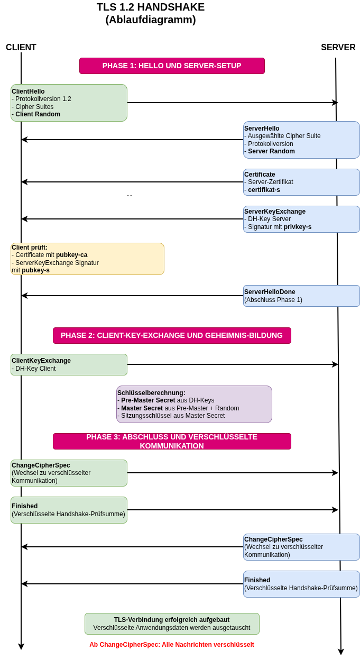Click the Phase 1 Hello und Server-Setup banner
[x=172, y=66]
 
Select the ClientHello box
[x=69, y=103]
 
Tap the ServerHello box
[x=301, y=140]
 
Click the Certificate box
[x=301, y=182]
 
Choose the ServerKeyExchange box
[x=301, y=219]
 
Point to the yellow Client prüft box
[x=87, y=259]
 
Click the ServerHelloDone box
[x=301, y=296]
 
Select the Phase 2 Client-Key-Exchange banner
[x=172, y=335]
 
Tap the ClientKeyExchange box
[x=69, y=364]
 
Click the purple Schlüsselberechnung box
[x=194, y=404]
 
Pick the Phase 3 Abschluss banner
[x=172, y=441]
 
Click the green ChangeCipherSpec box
[x=69, y=473]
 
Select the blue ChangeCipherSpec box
[x=301, y=547]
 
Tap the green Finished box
[x=69, y=510]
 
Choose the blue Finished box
[x=301, y=584]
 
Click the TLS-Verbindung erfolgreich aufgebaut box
[x=172, y=624]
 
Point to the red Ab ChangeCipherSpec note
[x=172, y=645]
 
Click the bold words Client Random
[x=38, y=114]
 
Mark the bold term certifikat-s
[x=264, y=190]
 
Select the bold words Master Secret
[x=142, y=408]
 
